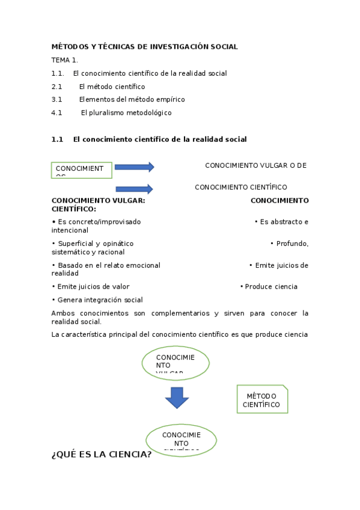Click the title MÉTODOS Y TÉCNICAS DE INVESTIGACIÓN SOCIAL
pyautogui.click(x=144, y=46)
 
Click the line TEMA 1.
pyautogui.click(x=64, y=60)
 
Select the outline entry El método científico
pyautogui.click(x=112, y=87)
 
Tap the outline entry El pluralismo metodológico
pyautogui.click(x=126, y=112)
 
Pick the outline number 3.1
pyautogui.click(x=57, y=99)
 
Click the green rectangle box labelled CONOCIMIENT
pyautogui.click(x=82, y=170)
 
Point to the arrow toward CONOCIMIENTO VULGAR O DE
pyautogui.click(x=134, y=167)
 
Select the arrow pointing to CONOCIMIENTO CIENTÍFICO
pyautogui.click(x=134, y=189)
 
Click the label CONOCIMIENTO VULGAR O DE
pyautogui.click(x=255, y=165)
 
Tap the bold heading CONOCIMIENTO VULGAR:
pyautogui.click(x=98, y=201)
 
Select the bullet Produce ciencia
pyautogui.click(x=270, y=287)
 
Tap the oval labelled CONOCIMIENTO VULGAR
pyautogui.click(x=175, y=363)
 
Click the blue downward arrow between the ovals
pyautogui.click(x=177, y=398)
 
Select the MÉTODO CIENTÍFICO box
pyautogui.click(x=262, y=399)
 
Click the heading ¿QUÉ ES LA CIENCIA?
pyautogui.click(x=102, y=455)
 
